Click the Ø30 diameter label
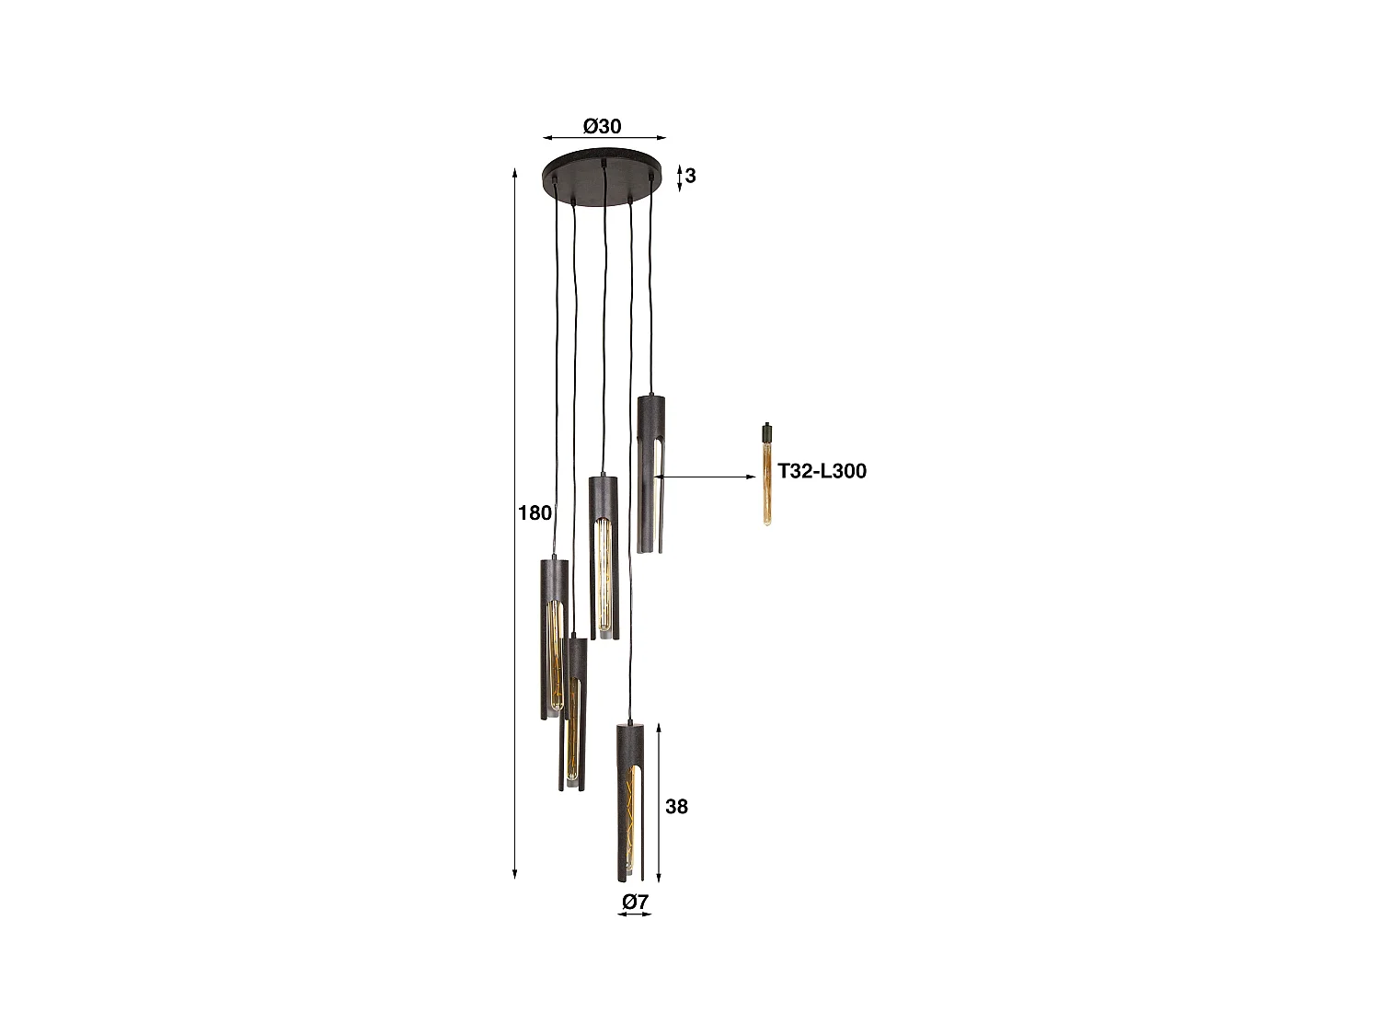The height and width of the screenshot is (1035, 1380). click(x=603, y=126)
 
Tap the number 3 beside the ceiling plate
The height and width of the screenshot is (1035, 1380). click(x=690, y=176)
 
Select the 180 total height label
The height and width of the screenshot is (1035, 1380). click(x=535, y=513)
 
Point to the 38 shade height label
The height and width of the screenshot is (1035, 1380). click(x=676, y=807)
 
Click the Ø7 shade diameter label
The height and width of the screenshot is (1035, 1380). click(x=635, y=902)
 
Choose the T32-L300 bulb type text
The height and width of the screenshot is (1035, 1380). click(x=822, y=472)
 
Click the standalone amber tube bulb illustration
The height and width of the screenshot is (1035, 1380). click(x=766, y=483)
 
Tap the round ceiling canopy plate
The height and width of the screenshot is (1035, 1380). click(x=602, y=173)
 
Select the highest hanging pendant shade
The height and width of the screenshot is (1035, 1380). click(x=651, y=474)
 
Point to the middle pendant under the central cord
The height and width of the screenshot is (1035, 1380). click(x=604, y=558)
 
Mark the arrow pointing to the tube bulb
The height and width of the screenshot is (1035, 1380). click(x=708, y=477)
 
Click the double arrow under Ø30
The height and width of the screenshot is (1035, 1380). click(x=604, y=139)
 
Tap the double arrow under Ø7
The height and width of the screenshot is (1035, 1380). click(x=635, y=915)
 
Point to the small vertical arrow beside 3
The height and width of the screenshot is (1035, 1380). click(x=679, y=178)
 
